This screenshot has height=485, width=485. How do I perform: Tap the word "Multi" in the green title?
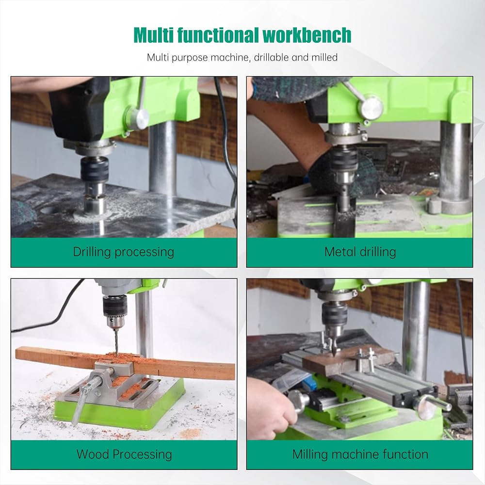pyautogui.click(x=153, y=35)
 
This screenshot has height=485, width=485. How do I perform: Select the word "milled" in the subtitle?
pyautogui.click(x=324, y=57)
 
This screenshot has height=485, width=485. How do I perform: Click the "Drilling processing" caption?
pyautogui.click(x=123, y=252)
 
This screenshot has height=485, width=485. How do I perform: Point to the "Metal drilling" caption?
pyautogui.click(x=360, y=252)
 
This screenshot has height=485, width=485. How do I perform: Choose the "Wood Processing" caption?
pyautogui.click(x=124, y=454)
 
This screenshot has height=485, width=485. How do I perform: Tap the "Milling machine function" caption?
pyautogui.click(x=360, y=454)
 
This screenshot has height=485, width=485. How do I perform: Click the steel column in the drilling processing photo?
pyautogui.click(x=162, y=158)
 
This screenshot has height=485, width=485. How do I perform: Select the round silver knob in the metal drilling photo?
pyautogui.click(x=371, y=107)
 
